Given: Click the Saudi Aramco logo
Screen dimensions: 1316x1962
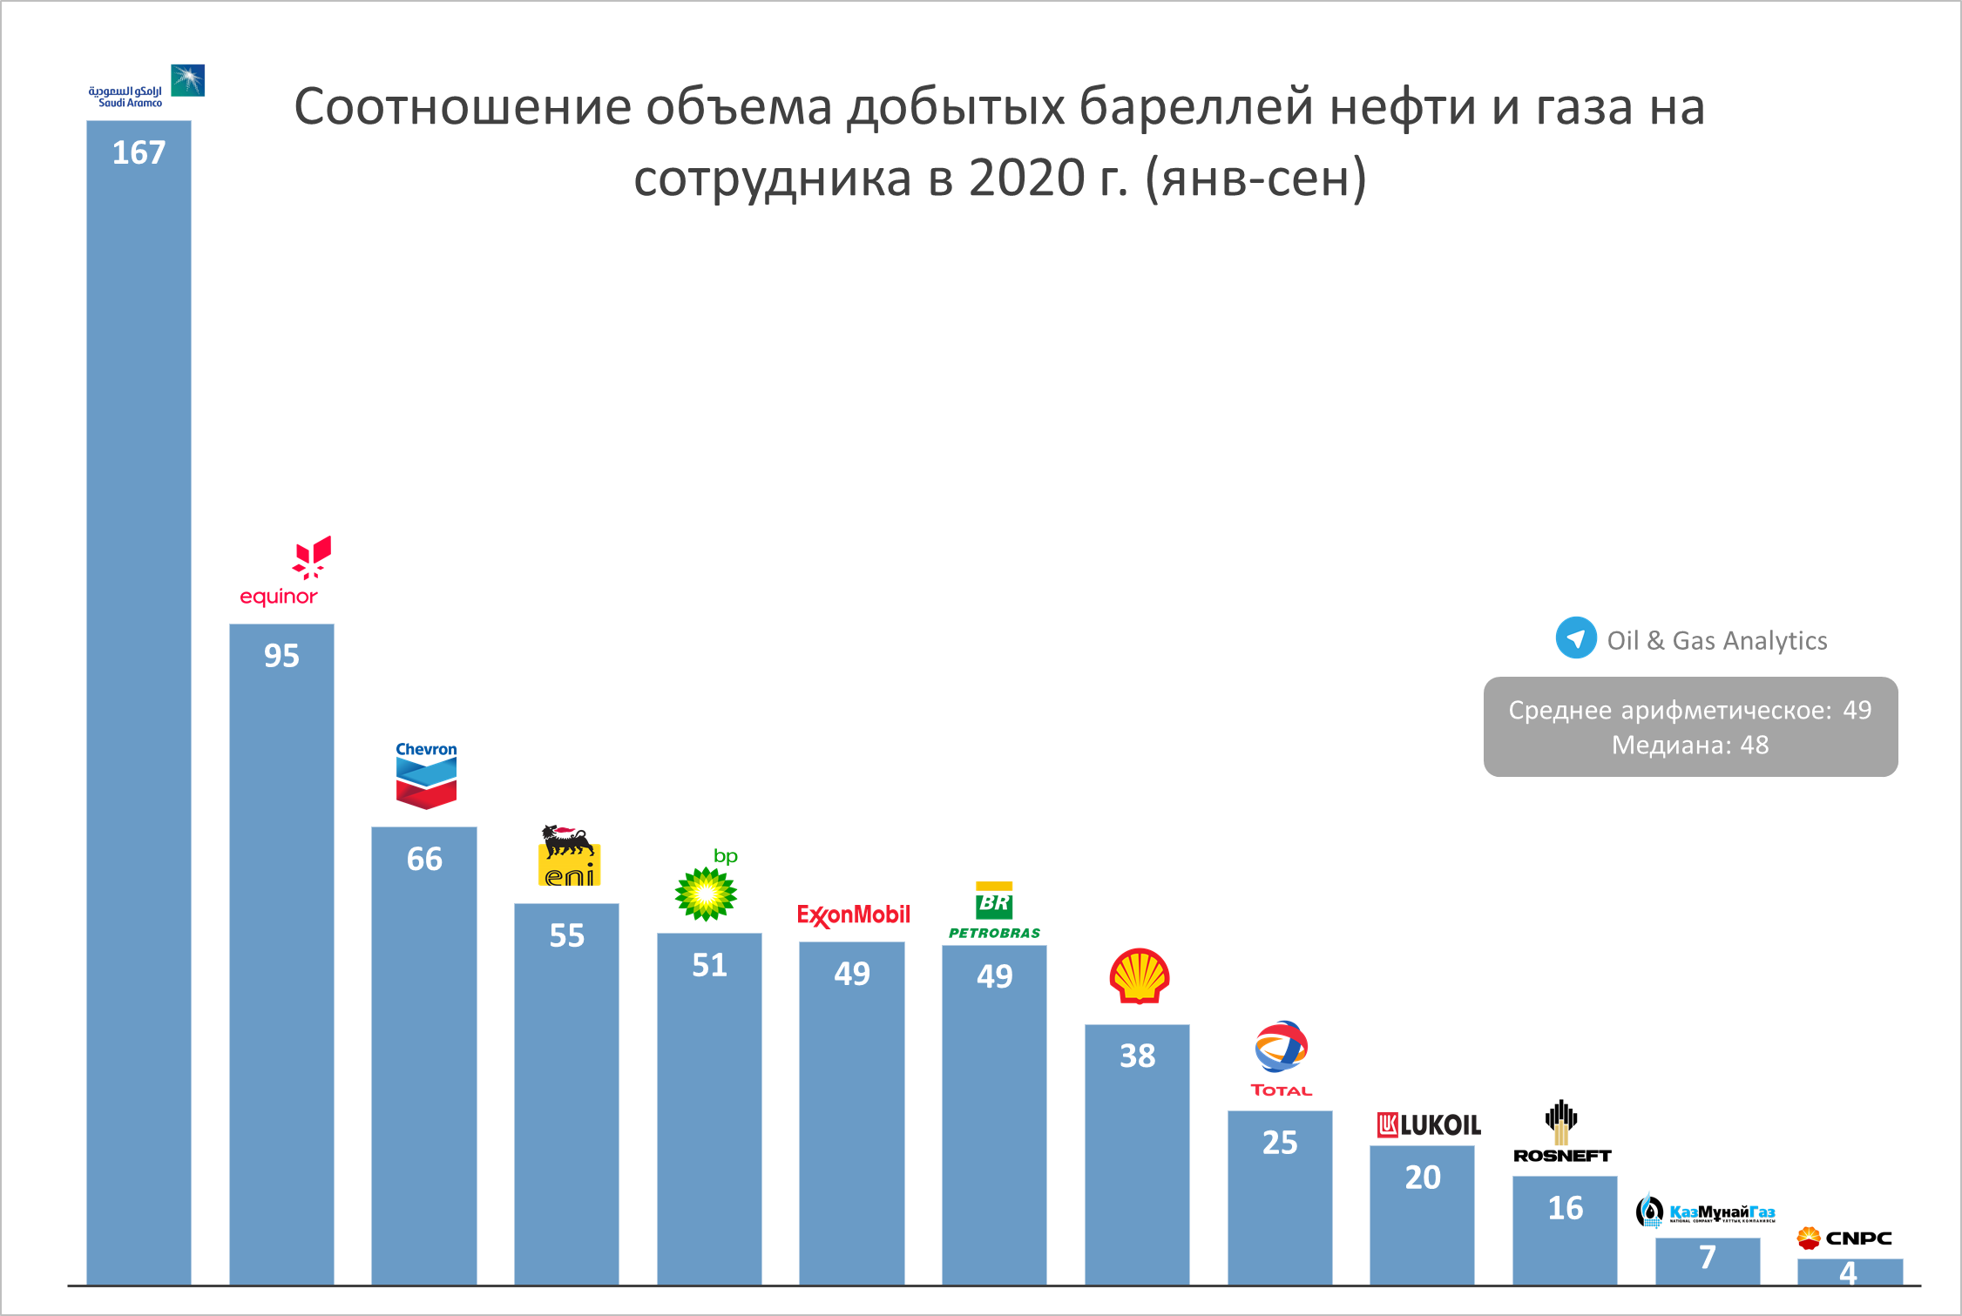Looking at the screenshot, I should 145,86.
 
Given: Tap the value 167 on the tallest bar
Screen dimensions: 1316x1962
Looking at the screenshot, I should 139,153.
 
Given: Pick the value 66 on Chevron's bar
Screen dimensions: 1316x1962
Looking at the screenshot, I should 424,860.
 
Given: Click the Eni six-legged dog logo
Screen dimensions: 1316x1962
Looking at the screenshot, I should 569,855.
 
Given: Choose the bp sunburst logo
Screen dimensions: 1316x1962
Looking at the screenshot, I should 707,892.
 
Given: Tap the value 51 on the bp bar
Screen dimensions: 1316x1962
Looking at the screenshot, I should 709,965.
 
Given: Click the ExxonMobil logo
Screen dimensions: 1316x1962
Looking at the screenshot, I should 853,915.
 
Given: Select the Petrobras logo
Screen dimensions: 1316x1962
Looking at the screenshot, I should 994,911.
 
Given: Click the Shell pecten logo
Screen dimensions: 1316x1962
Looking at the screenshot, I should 1139,975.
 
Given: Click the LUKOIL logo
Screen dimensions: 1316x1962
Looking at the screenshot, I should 1428,1125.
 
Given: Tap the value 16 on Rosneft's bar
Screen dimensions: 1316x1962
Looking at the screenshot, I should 1565,1208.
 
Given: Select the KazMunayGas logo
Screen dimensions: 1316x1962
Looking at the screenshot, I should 1705,1211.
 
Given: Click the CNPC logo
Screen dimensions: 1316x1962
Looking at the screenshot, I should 1844,1238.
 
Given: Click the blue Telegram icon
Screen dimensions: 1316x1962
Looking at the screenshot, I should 1576,638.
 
